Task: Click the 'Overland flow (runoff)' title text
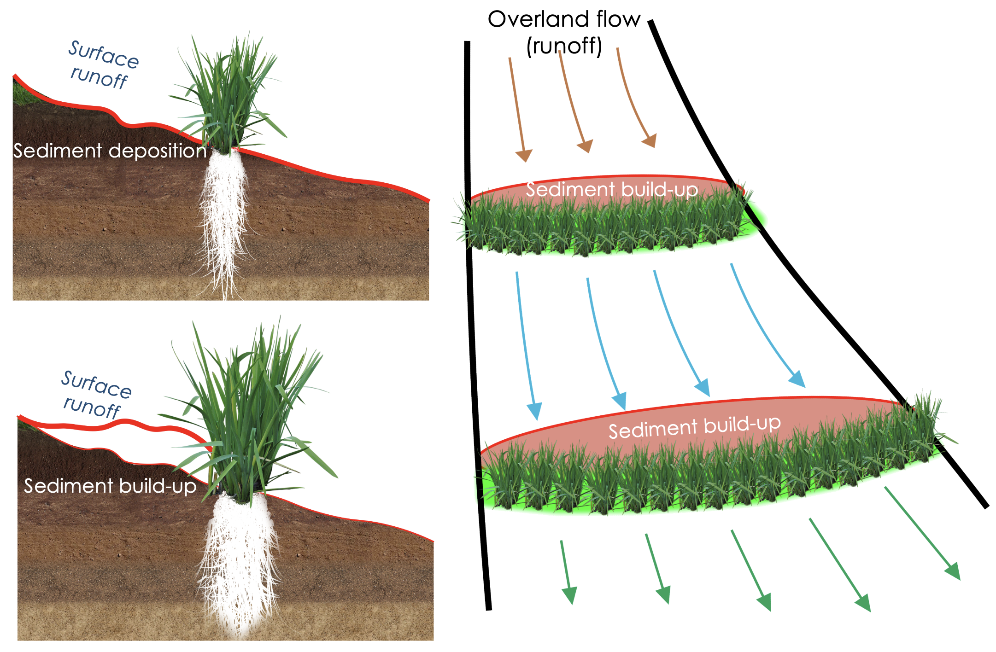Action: click(x=564, y=32)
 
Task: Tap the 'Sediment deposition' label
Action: click(x=110, y=151)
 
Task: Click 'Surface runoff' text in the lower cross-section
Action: click(x=95, y=395)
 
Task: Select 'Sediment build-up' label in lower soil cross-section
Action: click(x=110, y=486)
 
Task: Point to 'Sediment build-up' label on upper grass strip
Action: click(x=611, y=190)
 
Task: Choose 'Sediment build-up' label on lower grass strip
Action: click(x=694, y=427)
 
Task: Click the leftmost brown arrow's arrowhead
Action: click(x=524, y=156)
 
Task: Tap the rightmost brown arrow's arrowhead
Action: click(x=650, y=140)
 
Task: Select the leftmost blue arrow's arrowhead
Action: click(x=535, y=411)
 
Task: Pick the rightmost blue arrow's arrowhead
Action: click(x=797, y=379)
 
